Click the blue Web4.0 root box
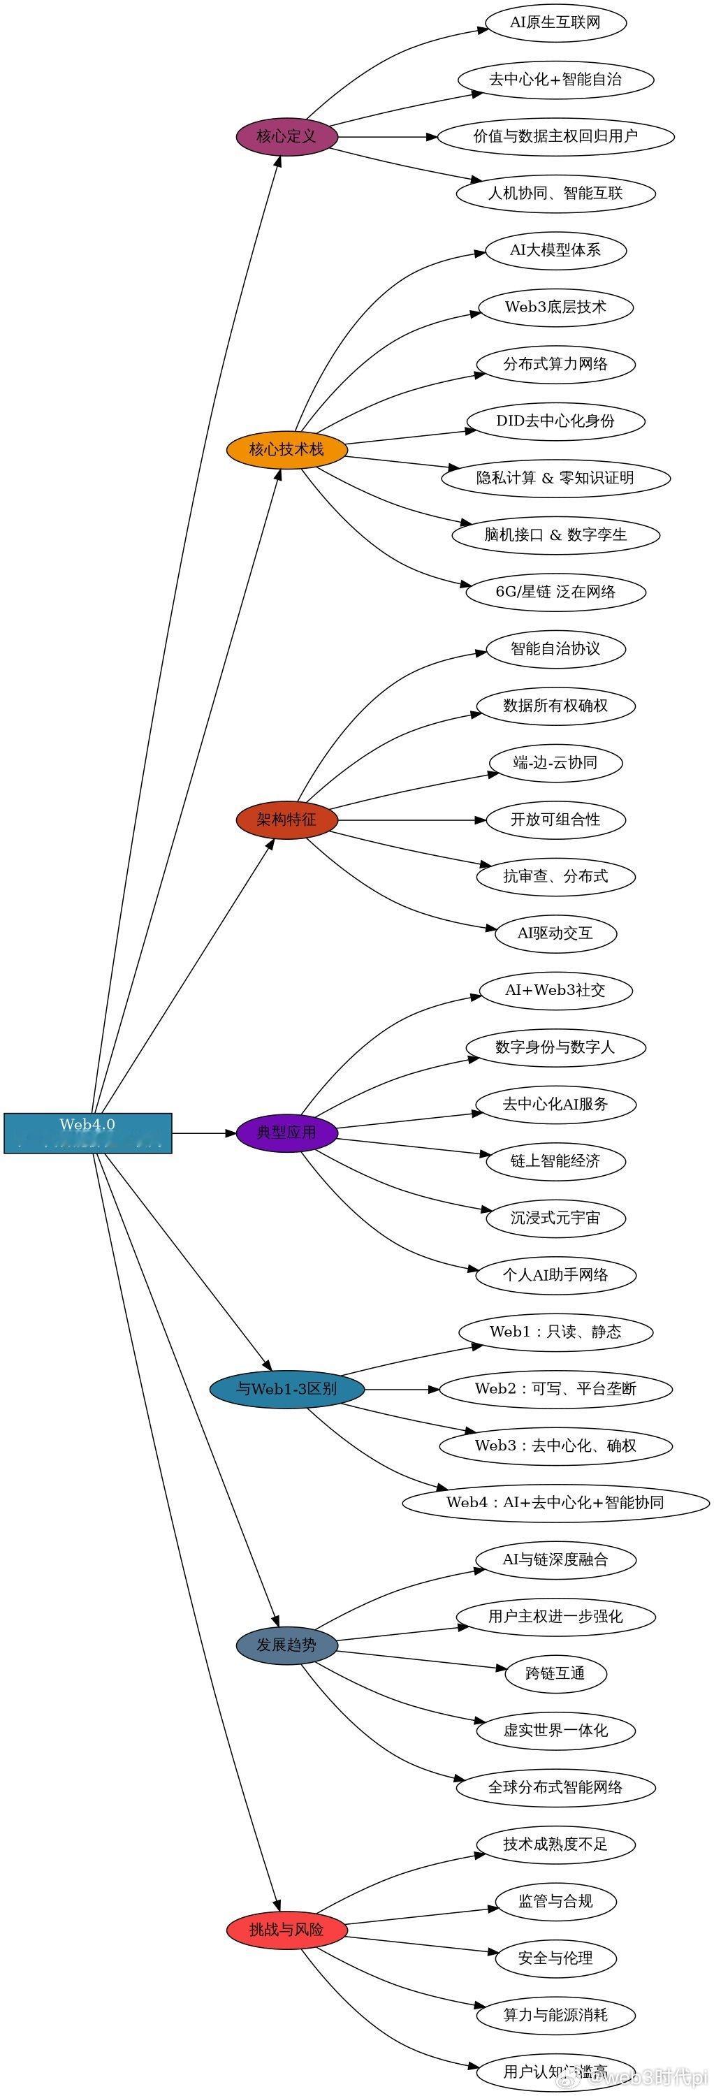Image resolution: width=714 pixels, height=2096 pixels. (88, 1132)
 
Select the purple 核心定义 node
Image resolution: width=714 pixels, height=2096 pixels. (286, 137)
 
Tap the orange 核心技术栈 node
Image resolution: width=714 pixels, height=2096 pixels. (286, 449)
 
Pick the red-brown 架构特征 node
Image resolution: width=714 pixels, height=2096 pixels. (286, 820)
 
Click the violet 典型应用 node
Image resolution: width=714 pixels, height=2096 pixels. (286, 1133)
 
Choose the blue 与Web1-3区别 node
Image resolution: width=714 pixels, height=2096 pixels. (286, 1389)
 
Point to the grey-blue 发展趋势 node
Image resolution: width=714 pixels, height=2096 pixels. (286, 1645)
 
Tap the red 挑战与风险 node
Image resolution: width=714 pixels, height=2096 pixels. (286, 1930)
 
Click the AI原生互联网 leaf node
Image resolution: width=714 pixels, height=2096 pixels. (555, 23)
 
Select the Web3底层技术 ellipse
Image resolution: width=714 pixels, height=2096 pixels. (555, 307)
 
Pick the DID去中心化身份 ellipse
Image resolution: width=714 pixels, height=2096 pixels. (555, 421)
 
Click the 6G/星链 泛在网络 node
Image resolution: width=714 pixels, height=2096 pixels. (555, 592)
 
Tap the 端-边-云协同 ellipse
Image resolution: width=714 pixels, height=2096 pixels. (555, 762)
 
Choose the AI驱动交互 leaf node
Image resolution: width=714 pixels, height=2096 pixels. (555, 933)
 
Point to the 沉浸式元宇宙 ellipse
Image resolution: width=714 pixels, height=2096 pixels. (555, 1218)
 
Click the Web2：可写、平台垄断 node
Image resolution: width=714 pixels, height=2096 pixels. (555, 1389)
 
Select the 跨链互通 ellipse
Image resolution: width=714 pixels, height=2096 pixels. (555, 1674)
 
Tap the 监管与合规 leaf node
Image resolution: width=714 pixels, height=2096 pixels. (555, 1902)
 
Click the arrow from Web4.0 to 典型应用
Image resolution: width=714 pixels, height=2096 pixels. (203, 1133)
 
